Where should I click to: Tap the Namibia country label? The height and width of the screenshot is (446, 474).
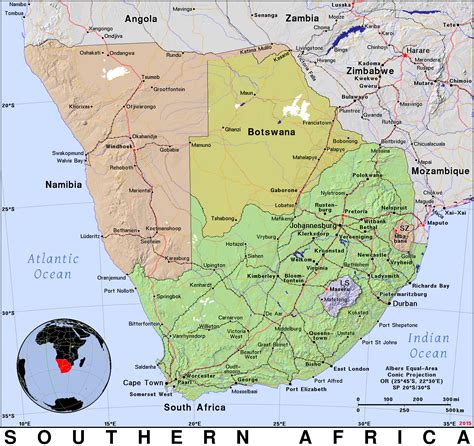point(64,185)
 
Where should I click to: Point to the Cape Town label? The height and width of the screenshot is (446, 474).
point(142,382)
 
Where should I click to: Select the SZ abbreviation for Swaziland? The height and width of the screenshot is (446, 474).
point(404,229)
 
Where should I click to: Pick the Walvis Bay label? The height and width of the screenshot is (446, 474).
point(70,160)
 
